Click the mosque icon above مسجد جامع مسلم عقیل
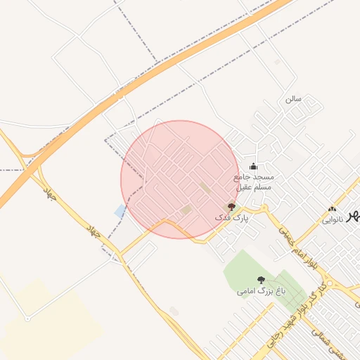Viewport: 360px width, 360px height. [x=253, y=167]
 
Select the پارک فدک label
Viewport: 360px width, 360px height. [x=232, y=219]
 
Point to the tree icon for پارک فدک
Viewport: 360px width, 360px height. [x=232, y=207]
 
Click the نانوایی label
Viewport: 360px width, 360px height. [x=333, y=220]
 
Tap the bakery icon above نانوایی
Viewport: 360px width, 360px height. [x=333, y=209]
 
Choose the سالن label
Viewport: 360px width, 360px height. [x=293, y=98]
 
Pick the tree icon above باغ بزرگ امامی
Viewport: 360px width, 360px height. [x=262, y=279]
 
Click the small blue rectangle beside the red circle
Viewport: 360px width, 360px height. [x=120, y=210]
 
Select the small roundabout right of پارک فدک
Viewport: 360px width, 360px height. [x=264, y=208]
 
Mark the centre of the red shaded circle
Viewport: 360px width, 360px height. [x=180, y=179]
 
